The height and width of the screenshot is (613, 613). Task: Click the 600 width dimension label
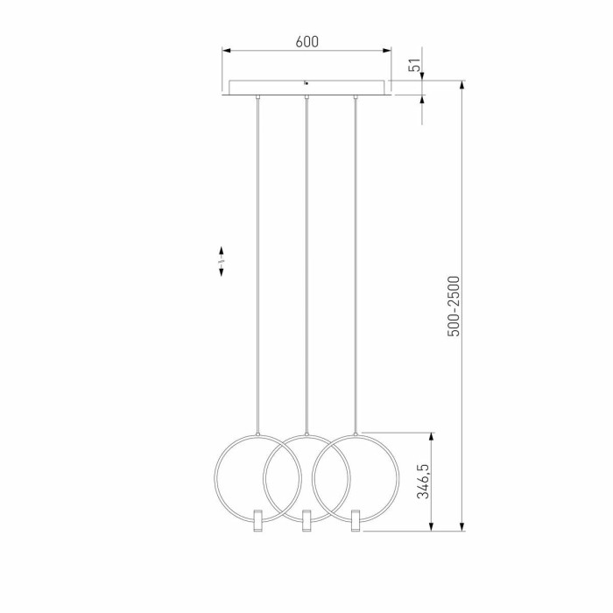coord(306,41)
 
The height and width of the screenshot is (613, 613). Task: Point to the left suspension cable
coord(257,263)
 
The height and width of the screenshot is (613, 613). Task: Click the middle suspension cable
coord(306,263)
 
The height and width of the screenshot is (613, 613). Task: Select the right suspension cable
coord(356,263)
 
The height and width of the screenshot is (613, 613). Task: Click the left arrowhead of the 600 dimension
coord(225,51)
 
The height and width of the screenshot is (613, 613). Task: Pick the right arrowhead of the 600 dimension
coord(388,51)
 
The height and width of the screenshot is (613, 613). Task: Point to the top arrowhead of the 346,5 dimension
coord(432,436)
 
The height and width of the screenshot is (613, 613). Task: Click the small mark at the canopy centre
coord(306,83)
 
